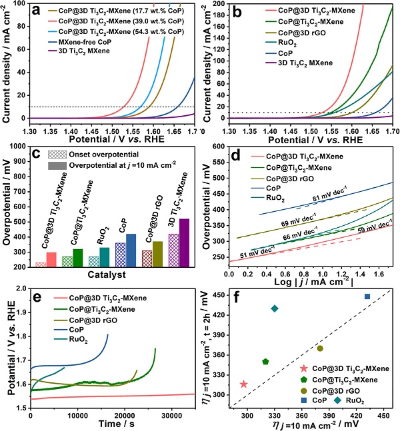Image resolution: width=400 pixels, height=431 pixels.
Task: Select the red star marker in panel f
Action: click(243, 384)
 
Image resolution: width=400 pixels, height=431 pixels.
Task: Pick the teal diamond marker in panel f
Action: click(275, 308)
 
